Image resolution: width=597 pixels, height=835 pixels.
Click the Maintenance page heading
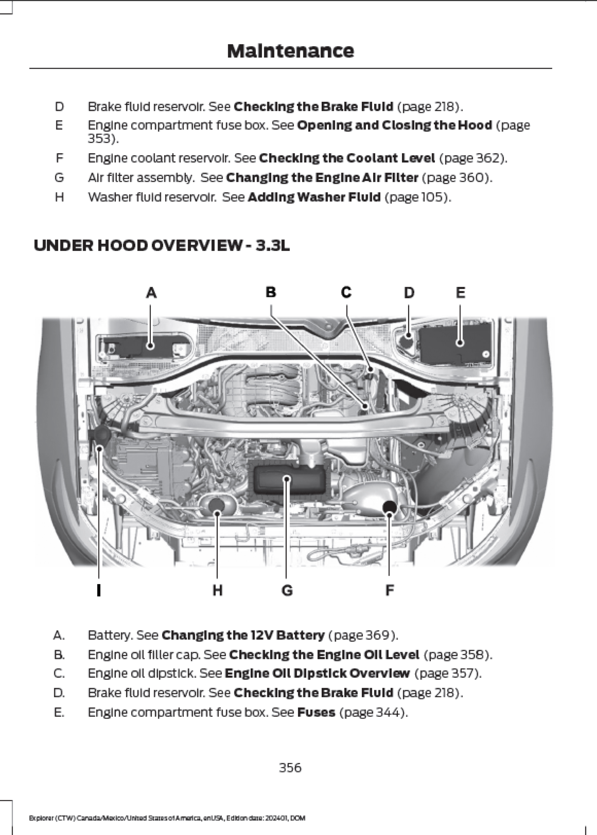click(290, 51)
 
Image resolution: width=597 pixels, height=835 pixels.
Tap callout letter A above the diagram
click(151, 293)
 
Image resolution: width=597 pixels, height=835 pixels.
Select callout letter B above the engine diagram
click(271, 292)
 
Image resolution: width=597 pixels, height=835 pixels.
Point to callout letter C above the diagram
click(346, 292)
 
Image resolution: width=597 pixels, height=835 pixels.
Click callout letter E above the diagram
click(460, 293)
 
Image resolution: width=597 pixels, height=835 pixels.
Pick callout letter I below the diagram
click(99, 590)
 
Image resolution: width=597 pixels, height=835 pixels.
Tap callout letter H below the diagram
click(217, 590)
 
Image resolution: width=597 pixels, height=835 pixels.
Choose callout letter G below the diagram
click(287, 590)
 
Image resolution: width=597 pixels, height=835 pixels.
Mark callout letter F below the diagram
click(389, 590)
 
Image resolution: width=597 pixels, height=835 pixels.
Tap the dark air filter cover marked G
click(287, 480)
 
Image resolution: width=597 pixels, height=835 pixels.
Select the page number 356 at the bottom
click(290, 767)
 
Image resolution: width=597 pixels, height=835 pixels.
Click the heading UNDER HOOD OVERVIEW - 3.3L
click(162, 245)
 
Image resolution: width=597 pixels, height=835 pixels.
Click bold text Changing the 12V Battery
click(243, 635)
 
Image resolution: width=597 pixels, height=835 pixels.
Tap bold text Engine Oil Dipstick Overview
click(317, 673)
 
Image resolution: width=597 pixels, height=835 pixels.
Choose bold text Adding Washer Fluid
click(314, 197)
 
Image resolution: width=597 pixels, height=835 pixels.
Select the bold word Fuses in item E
click(316, 712)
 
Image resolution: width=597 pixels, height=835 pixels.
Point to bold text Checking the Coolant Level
click(347, 158)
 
